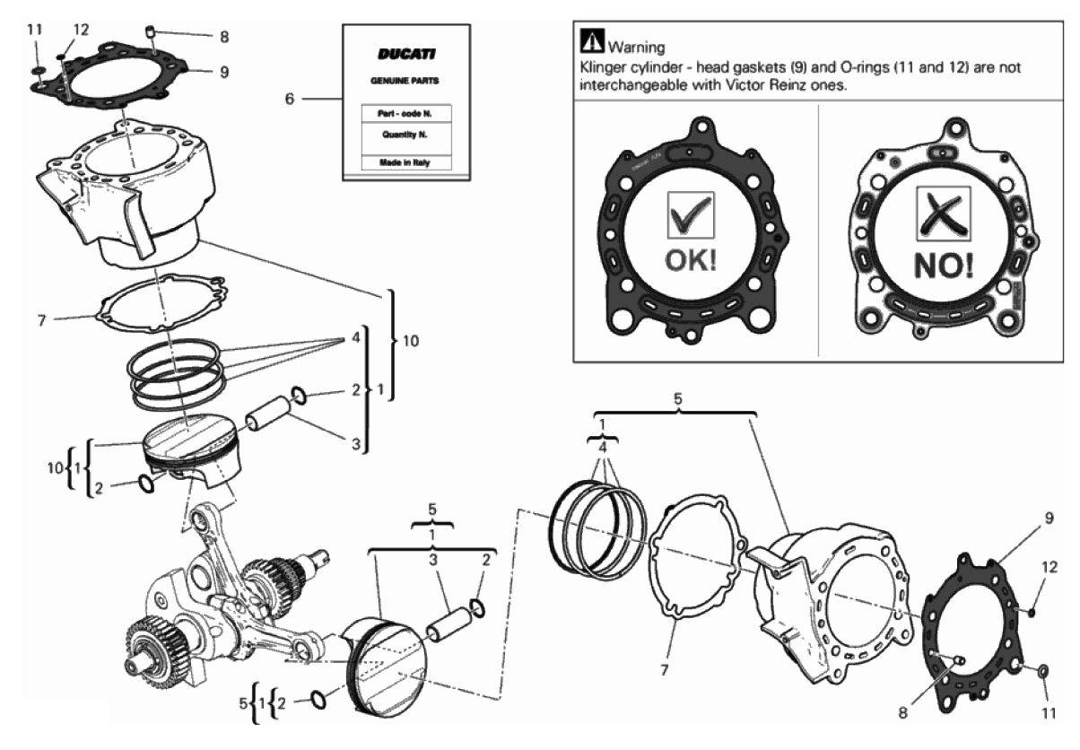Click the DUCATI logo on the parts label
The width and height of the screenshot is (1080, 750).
point(406,54)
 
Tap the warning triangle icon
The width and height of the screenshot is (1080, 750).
point(592,40)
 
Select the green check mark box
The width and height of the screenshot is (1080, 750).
point(691,215)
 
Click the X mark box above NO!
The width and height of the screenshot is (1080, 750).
point(943,214)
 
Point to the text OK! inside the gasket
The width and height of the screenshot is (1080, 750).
point(691,260)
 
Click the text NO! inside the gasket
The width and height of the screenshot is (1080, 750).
point(944,266)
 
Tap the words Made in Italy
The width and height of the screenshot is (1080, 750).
point(405,162)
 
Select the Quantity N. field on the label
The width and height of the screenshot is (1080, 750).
point(405,135)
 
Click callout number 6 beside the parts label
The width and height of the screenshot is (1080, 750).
point(289,99)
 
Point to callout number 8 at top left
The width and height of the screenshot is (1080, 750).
point(224,37)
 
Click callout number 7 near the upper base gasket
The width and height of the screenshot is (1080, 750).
point(41,320)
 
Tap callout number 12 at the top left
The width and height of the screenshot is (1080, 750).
point(81,30)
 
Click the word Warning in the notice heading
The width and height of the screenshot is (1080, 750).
point(637,48)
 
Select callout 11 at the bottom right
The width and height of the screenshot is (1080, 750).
point(1050,713)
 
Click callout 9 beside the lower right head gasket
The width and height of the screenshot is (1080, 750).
point(1050,518)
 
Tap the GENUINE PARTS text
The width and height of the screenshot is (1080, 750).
point(405,81)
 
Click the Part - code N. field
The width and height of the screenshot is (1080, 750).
point(405,114)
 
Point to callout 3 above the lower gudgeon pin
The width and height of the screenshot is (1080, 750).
point(433,560)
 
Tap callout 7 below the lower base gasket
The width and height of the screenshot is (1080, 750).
point(664,670)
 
